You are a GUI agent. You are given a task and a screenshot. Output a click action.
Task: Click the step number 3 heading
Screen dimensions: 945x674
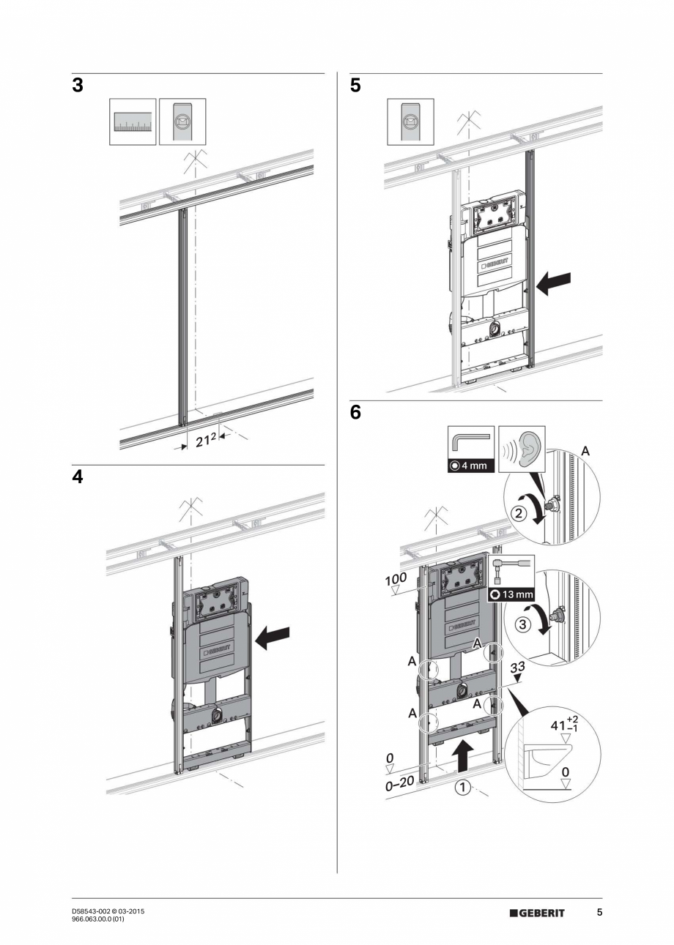pos(77,86)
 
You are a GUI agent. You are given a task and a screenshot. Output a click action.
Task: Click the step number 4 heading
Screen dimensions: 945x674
pos(77,477)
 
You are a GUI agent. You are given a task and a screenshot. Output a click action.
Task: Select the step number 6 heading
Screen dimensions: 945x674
pos(355,413)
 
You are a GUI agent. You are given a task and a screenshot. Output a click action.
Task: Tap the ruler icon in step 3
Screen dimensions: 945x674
pos(133,122)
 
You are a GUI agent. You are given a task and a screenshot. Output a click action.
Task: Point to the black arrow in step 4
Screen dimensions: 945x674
pos(273,638)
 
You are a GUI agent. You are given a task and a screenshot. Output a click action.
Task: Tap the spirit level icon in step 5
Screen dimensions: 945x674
pos(411,122)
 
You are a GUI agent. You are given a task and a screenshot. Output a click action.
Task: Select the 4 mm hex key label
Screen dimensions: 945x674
pos(469,466)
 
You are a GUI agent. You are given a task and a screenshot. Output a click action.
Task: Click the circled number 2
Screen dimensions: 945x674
pos(519,514)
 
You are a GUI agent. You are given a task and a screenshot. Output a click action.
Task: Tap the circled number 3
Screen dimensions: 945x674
pos(522,624)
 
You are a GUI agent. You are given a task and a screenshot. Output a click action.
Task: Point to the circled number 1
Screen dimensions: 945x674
pos(462,788)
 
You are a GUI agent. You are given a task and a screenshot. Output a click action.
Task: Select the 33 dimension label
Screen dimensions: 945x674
pos(517,668)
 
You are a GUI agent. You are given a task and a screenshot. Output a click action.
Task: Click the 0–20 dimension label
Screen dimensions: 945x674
pos(400,783)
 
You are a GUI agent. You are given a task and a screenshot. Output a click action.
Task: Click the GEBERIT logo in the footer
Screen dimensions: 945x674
pos(537,913)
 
